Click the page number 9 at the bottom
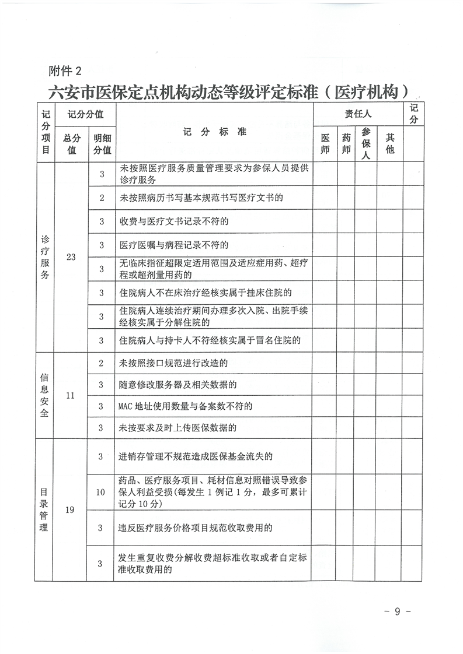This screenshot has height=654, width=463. pyautogui.click(x=397, y=611)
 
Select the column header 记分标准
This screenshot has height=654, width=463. pyautogui.click(x=214, y=132)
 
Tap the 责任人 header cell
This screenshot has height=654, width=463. pyautogui.click(x=357, y=114)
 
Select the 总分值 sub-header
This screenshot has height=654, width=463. pyautogui.click(x=71, y=144)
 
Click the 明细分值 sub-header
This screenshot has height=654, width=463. pyautogui.click(x=102, y=144)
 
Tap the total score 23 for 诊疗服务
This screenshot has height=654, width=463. pyautogui.click(x=71, y=257)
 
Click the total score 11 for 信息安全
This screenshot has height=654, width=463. pyautogui.click(x=71, y=395)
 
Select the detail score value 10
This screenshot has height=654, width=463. pyautogui.click(x=101, y=492)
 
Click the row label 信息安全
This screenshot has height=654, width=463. pyautogui.click(x=45, y=395)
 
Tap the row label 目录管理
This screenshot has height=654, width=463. pyautogui.click(x=45, y=510)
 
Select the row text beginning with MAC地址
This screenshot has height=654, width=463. pyautogui.click(x=185, y=406)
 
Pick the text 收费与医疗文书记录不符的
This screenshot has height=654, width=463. pyautogui.click(x=173, y=221)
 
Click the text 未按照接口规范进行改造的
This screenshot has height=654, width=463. pyautogui.click(x=173, y=363)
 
